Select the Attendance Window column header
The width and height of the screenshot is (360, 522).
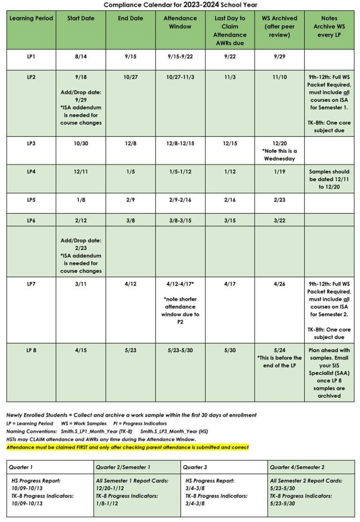tap(180, 22)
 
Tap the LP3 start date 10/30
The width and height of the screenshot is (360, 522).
tap(81, 144)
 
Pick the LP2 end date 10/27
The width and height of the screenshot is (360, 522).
tap(130, 77)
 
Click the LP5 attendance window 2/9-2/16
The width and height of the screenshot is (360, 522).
tap(180, 200)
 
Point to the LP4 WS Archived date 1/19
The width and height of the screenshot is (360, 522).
tap(279, 172)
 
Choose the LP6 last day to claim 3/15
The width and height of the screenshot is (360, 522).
tap(230, 220)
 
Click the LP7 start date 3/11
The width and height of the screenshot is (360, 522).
tap(81, 284)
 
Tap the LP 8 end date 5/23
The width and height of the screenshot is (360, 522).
tap(130, 350)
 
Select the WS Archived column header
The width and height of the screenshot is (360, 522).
tap(279, 26)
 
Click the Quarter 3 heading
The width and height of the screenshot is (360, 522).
tap(196, 467)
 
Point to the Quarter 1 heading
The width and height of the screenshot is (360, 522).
tap(22, 467)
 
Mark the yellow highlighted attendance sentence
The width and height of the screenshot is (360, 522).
tap(127, 447)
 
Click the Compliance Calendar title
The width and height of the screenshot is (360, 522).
tap(180, 5)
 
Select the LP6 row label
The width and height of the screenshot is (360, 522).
tap(31, 220)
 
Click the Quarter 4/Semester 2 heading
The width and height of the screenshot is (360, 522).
tap(297, 467)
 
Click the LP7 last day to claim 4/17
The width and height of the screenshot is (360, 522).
tap(230, 284)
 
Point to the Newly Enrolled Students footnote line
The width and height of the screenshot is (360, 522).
tap(131, 415)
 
